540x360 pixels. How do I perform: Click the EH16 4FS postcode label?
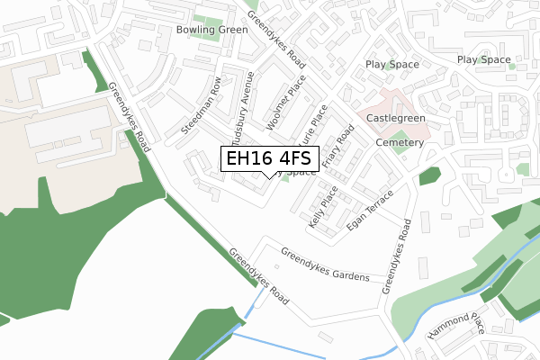coord(269,158)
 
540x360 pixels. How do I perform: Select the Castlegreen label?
coord(396,119)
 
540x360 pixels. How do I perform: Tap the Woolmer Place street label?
coord(286,102)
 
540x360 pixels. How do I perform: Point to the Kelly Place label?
coord(321,208)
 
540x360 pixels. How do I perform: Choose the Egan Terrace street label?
coord(371,211)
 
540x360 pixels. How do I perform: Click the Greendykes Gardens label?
coord(325,265)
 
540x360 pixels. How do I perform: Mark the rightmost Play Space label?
coord(484,59)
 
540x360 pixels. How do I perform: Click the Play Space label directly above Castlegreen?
coord(392,65)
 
